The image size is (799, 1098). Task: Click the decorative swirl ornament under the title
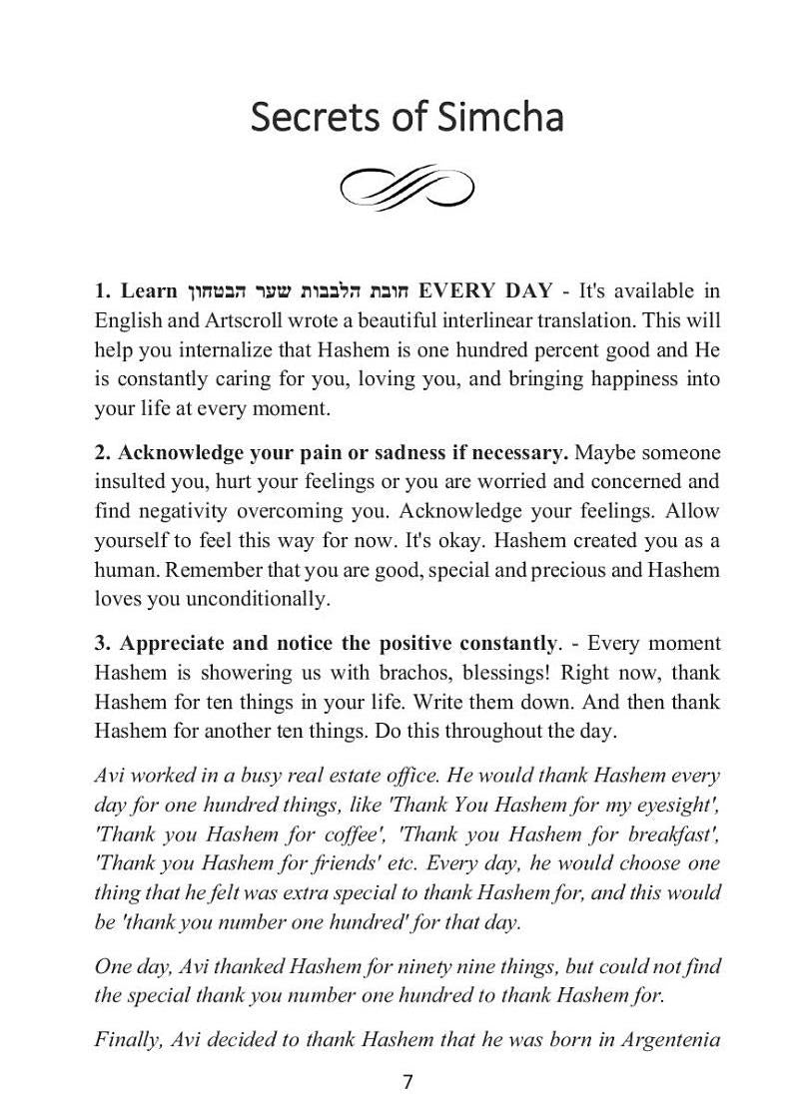[x=406, y=188]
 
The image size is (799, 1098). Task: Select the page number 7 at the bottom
[x=406, y=1082]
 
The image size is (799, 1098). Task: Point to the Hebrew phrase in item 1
[x=298, y=291]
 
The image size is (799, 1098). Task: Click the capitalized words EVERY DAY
[x=484, y=291]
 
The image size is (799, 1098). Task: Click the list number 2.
[x=102, y=452]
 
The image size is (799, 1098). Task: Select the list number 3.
[x=102, y=643]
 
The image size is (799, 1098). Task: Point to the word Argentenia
[x=670, y=1040]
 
